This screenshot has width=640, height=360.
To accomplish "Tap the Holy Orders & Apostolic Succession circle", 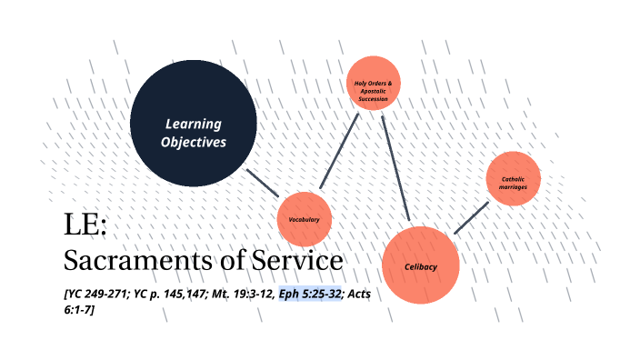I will coord(374,84).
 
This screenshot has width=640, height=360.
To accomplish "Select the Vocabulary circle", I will coord(304,219).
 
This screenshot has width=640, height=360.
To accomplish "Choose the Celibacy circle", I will coord(420,265).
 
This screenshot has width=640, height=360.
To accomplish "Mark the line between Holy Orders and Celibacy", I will coord(396,168).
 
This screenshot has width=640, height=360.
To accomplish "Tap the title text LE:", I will coord(85,225).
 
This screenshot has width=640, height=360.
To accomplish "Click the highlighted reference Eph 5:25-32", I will coord(310,294).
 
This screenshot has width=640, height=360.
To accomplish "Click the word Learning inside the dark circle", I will coord(193,124).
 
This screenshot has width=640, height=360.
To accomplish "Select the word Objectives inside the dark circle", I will coord(193,143).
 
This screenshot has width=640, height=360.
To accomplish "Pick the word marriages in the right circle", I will coord(514,186).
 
